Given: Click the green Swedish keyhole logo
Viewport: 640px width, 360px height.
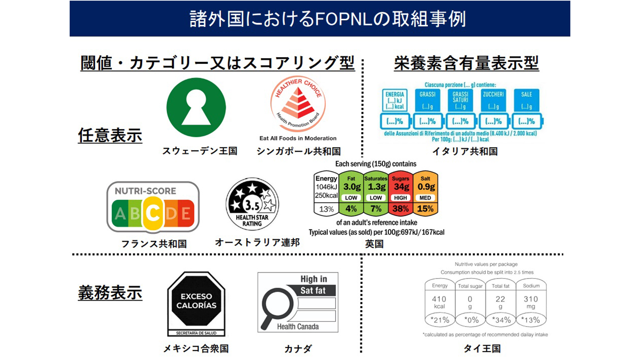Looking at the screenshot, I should [196, 107].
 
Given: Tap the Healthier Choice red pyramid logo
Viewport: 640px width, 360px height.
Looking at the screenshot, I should [298, 104].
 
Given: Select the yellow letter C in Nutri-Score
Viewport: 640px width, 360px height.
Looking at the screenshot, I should [153, 213].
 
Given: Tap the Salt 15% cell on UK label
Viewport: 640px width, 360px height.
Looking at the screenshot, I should [425, 209].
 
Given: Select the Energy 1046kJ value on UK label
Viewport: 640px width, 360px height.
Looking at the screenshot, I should [326, 187].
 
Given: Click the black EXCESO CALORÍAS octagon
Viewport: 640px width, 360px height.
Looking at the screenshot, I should [196, 301].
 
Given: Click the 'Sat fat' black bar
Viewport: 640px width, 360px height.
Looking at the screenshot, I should [313, 291].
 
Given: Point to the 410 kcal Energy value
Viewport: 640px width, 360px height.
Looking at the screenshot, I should [439, 302].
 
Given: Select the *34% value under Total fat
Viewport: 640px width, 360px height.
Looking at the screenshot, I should [501, 320].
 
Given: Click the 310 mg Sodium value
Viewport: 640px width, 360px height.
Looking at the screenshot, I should [531, 302].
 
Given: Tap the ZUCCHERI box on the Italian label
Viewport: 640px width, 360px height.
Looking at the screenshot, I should [493, 100].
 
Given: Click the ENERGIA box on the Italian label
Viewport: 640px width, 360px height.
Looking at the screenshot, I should [395, 100].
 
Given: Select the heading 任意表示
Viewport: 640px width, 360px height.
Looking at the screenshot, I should [110, 136].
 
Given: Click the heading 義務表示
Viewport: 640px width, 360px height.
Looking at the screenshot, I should [110, 293].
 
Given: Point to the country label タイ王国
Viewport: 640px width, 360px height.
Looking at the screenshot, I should [482, 349].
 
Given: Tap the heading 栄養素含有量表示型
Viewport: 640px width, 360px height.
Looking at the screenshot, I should [466, 63].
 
